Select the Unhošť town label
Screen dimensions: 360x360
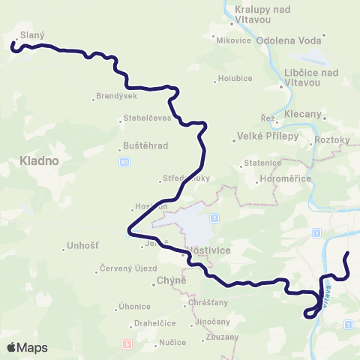83,245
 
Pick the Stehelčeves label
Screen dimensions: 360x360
147,118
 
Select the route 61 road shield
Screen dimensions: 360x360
124,161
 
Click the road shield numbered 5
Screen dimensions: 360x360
127,343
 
